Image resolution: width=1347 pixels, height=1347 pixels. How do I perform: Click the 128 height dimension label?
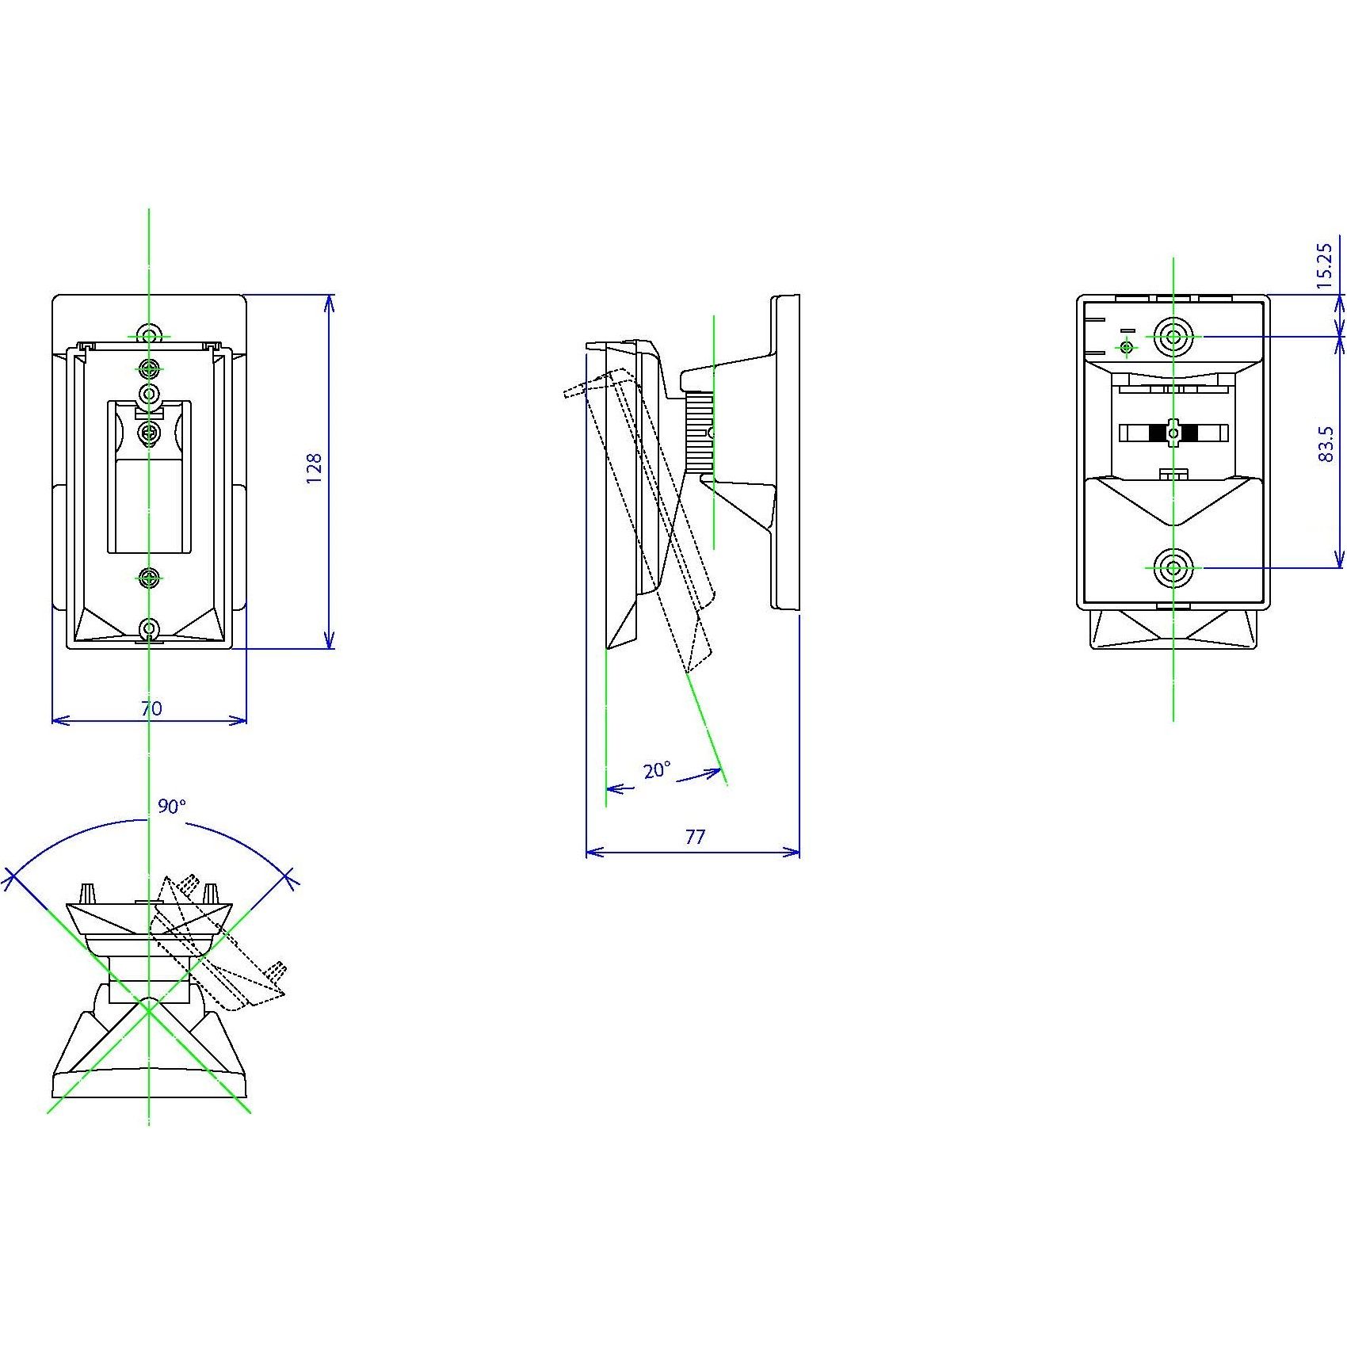pos(315,469)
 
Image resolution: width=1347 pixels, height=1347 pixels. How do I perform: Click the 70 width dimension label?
pos(151,708)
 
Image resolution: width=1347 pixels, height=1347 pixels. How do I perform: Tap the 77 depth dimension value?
pos(694,837)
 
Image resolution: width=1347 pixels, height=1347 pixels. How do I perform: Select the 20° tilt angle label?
pos(656,770)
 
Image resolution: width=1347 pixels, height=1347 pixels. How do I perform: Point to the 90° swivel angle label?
pos(171,807)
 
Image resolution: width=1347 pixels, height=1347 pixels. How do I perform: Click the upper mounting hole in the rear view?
pos(1173,337)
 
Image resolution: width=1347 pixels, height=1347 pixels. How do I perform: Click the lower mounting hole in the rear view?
pos(1173,567)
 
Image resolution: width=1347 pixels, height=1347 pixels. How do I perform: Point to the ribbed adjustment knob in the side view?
pos(698,432)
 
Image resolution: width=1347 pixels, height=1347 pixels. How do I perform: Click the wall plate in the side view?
pos(786,452)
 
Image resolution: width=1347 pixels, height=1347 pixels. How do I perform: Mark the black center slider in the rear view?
pos(1173,433)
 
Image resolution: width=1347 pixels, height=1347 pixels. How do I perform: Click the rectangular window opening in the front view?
pos(149,507)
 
